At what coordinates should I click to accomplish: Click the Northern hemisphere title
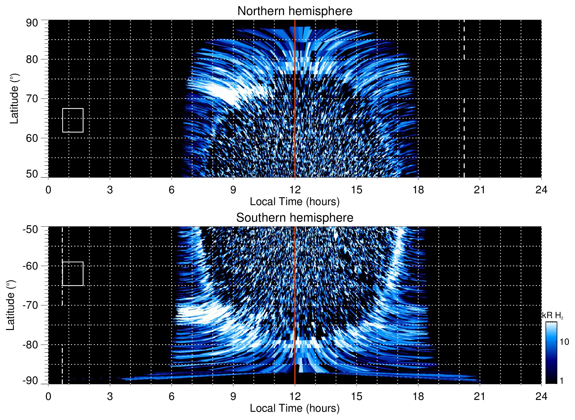pos(295,11)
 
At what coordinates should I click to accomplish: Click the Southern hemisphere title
pos(295,218)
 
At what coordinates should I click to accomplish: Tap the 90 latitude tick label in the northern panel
pos(32,23)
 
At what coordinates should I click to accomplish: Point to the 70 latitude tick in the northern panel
pos(32,99)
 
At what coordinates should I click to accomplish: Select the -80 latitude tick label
pos(30,345)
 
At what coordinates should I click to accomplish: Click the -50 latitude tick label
pos(30,229)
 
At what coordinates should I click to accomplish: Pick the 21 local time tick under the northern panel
pos(479,190)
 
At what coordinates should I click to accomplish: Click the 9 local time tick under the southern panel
pos(233,396)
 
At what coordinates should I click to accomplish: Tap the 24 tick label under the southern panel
pos(541,396)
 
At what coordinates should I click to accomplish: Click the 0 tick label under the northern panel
pos(48,190)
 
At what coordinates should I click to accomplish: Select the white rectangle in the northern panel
pos(73,120)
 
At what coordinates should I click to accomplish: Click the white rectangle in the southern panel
pos(73,274)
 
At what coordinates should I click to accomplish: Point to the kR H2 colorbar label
pos(553,316)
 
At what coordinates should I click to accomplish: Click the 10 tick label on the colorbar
pos(564,342)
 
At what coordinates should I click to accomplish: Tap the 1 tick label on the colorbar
pos(561,381)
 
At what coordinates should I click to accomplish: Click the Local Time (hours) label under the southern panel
pos(295,408)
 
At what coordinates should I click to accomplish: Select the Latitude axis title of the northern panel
pos(14,99)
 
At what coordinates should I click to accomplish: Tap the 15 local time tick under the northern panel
pos(356,190)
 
